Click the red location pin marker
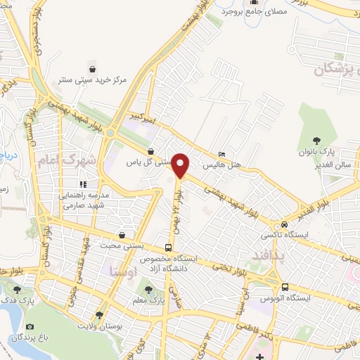coord(181,166)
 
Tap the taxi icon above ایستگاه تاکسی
coord(284,224)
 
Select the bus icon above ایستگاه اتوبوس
coord(285,287)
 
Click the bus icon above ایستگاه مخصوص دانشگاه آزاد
coord(167,247)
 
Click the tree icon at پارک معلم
coord(148,290)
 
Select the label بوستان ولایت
coord(97,326)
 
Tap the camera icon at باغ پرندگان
coord(30,326)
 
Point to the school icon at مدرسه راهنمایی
coord(82,184)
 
